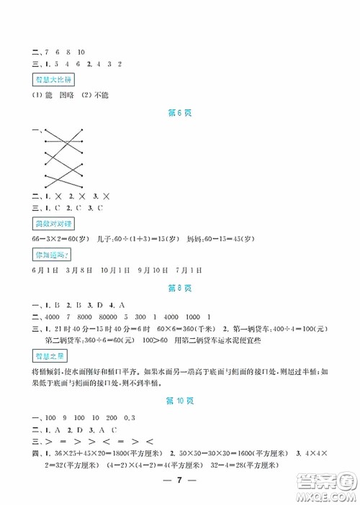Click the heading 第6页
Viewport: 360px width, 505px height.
[180, 113]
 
